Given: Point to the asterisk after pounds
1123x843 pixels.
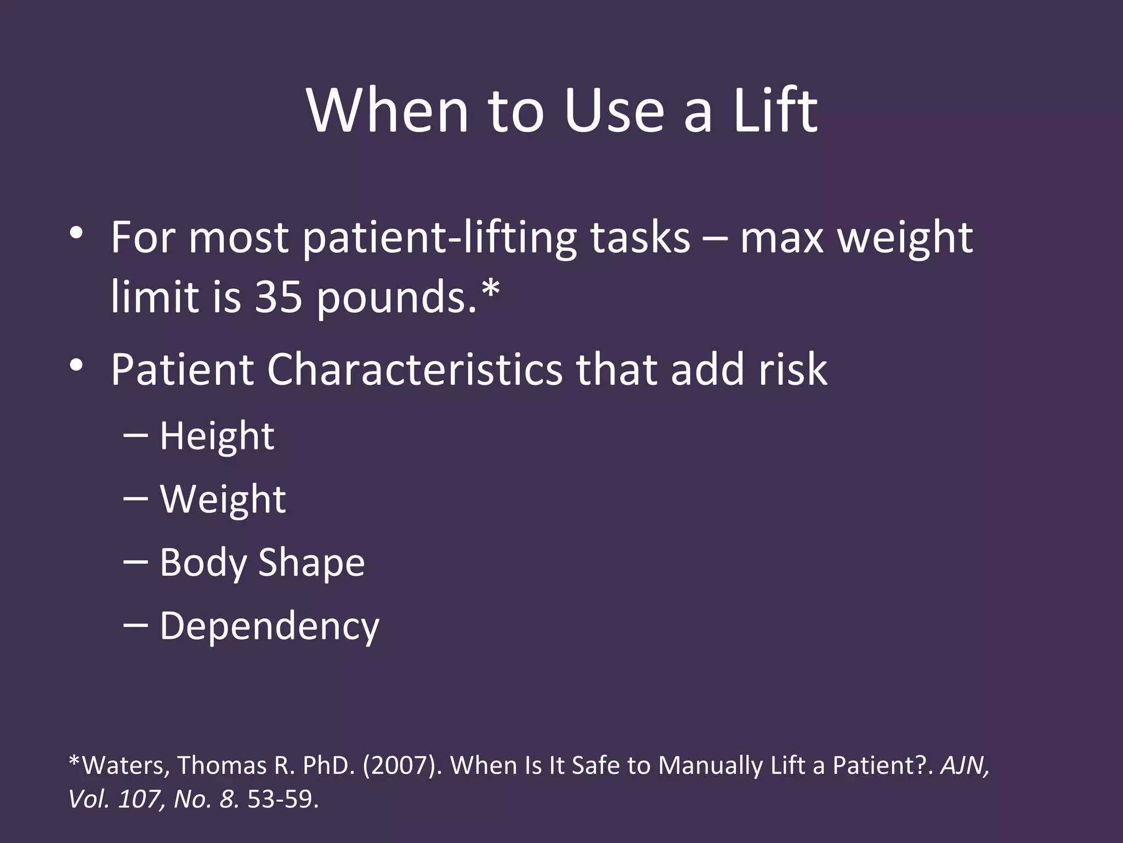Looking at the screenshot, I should point(490,288).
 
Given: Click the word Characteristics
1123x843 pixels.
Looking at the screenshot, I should point(415,369).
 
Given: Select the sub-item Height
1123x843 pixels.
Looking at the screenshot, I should point(217,436).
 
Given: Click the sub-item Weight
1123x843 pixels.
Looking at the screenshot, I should point(223,499).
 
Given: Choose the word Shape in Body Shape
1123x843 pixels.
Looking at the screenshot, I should point(311,563).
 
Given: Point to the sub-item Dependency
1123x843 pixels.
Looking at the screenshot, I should point(269,626).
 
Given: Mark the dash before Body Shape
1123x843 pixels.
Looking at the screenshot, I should point(135,562).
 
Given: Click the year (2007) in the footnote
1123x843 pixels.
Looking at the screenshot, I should point(402,765).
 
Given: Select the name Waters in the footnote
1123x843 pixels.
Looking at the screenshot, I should point(125,765).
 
